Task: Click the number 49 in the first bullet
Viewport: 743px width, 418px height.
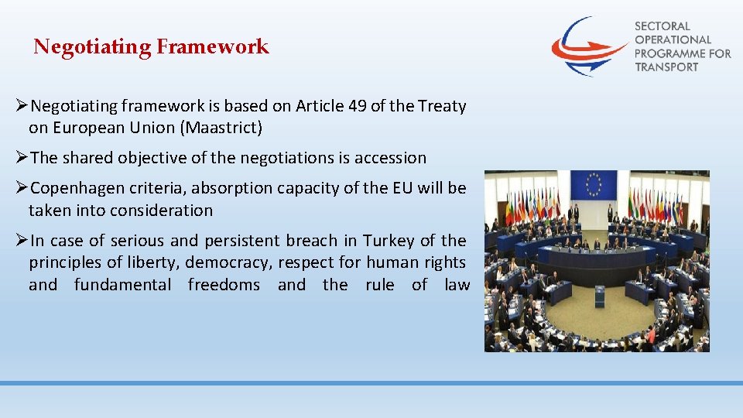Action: (357, 106)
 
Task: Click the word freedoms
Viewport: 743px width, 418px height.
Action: (224, 285)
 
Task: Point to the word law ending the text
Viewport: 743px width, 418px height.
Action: (457, 285)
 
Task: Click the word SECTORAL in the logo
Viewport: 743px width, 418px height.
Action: (662, 26)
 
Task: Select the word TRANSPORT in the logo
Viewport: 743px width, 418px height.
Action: (666, 67)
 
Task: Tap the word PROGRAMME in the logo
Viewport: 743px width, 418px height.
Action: (672, 53)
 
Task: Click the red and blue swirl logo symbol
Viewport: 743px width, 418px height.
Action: (588, 46)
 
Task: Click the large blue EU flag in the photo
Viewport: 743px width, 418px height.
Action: (594, 184)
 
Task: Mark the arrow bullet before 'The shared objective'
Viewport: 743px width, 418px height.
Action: (22, 158)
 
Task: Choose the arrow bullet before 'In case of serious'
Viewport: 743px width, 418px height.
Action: (22, 241)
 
